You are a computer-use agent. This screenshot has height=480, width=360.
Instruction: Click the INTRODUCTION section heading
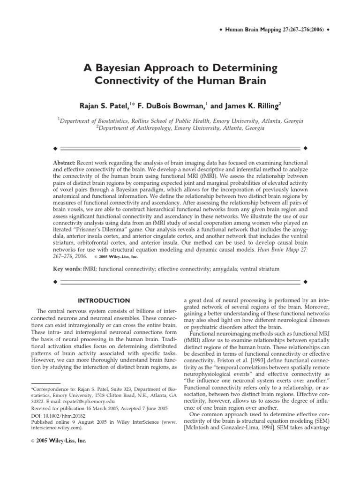pos(104,300)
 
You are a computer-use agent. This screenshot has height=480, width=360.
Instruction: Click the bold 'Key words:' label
pos(67,270)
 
